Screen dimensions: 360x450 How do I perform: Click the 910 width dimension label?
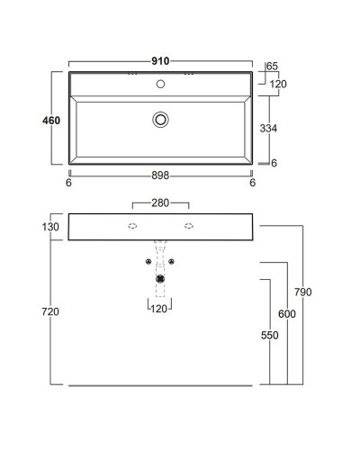[x=160, y=61]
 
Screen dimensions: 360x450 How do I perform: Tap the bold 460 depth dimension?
[x=51, y=121]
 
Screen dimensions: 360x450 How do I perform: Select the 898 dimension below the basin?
[x=160, y=175]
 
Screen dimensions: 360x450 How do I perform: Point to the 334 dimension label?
[x=268, y=129]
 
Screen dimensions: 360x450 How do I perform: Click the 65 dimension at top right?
[x=272, y=66]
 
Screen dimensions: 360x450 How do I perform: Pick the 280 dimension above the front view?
[x=160, y=203]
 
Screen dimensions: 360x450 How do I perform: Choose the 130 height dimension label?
[x=50, y=227]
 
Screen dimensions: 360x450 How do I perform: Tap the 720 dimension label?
[x=50, y=311]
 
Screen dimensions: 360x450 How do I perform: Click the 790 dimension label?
[x=302, y=292]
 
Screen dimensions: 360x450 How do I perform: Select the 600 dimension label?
[x=287, y=314]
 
